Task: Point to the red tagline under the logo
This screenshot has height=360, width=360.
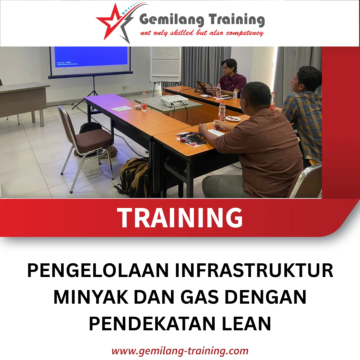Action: [202, 33]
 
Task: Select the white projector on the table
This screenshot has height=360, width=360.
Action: [174, 100]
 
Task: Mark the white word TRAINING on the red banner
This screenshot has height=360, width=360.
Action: [180, 218]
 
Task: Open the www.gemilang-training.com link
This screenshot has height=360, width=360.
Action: [180, 351]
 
